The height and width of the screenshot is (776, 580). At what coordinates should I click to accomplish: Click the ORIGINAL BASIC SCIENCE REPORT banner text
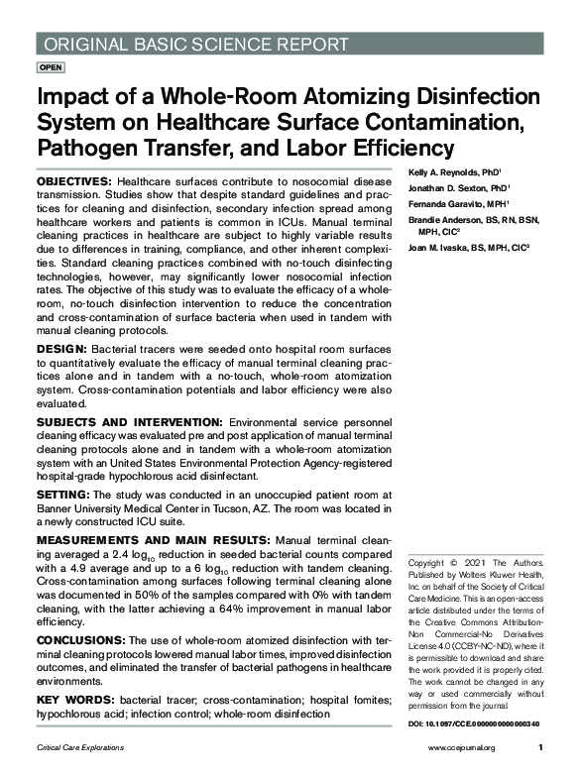193,45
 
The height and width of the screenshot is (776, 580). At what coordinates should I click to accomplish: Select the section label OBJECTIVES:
74,184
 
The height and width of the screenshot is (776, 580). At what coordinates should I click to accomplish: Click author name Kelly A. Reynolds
444,171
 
